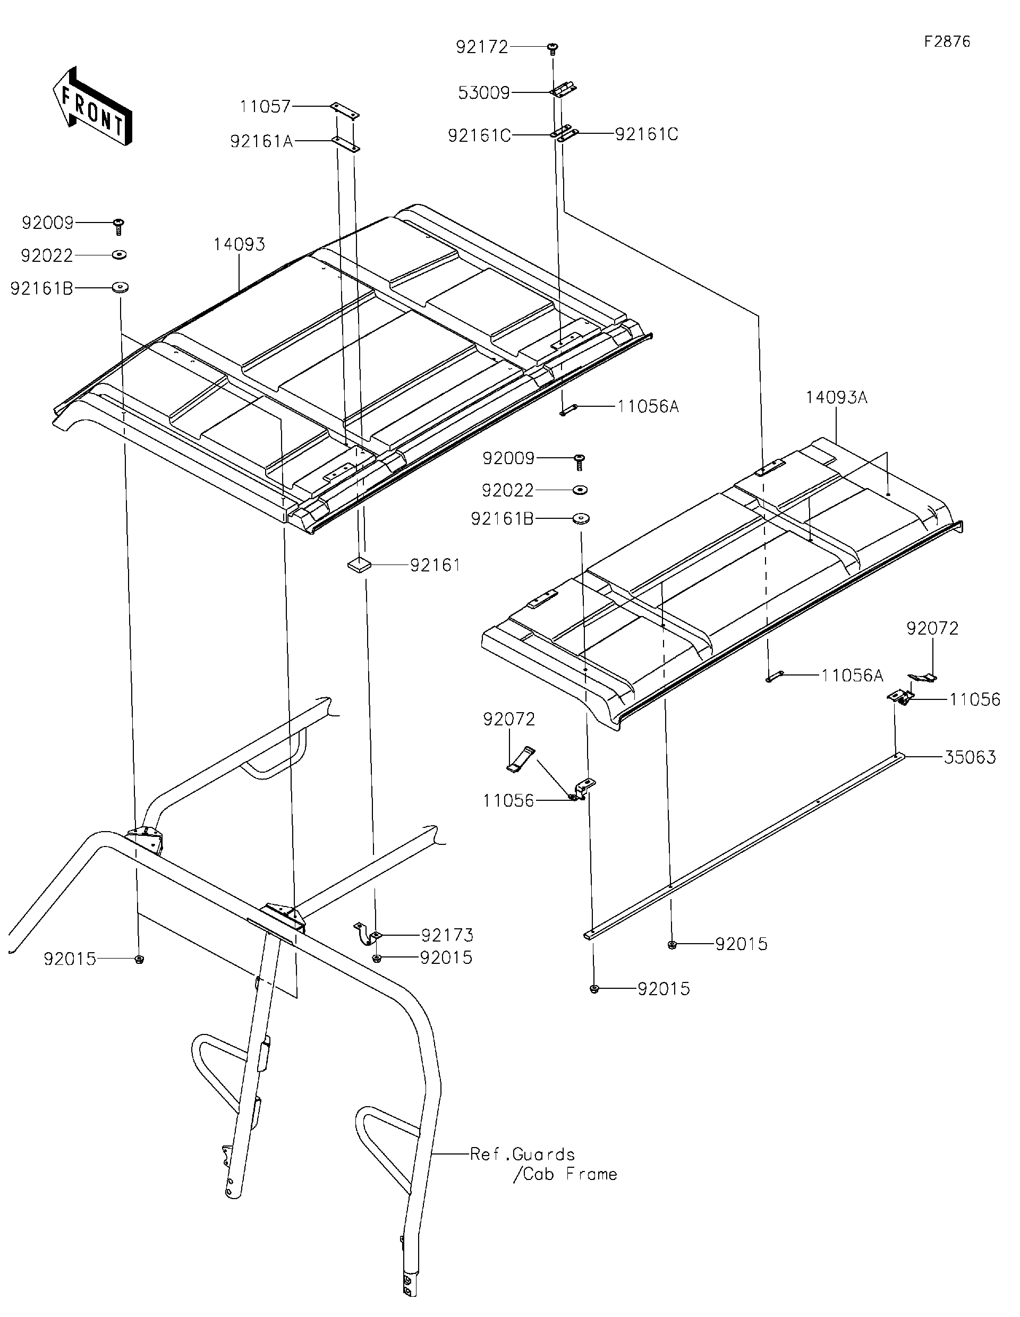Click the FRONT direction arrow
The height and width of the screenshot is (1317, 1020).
point(92,106)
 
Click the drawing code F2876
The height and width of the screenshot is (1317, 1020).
point(947,41)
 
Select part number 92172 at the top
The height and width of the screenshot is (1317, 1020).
point(482,47)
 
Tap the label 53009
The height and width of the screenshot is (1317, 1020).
point(484,93)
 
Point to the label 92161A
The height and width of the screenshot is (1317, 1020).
point(261,141)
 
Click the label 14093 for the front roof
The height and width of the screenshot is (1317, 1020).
point(239,244)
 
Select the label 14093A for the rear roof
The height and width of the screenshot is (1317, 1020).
point(836,397)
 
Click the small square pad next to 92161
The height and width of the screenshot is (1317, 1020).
point(357,565)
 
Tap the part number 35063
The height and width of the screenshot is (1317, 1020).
point(970,757)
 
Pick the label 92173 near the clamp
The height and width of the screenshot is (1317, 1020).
point(447,935)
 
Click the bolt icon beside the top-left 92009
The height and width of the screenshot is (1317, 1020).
point(119,226)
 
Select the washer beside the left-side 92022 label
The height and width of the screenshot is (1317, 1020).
point(119,255)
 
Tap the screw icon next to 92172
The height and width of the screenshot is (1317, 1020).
point(552,48)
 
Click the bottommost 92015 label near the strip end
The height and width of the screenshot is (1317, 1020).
point(664,989)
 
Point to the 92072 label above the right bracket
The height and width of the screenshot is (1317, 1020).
point(932,628)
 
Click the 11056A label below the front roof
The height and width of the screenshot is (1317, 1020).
point(648,407)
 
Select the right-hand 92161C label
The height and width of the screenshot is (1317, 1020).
point(647,134)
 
